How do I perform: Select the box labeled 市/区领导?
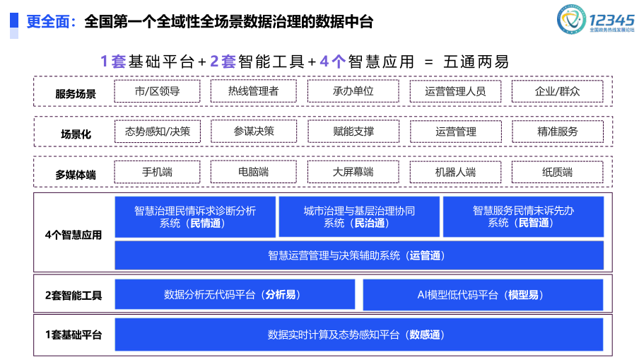pos(157,91)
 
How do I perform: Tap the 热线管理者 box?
pos(253,91)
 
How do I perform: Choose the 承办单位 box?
pos(353,91)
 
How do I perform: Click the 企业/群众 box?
pos(557,91)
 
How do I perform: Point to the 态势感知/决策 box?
pos(157,132)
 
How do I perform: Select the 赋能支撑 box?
pos(353,132)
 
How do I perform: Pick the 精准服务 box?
pos(557,132)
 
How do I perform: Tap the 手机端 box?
pos(157,172)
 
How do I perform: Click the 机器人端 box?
pos(455,172)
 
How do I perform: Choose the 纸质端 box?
pos(557,172)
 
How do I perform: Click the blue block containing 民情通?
pos(195,216)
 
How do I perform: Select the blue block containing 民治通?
pos(359,216)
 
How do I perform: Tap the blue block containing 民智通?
pos(523,216)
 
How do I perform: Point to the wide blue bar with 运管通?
pos(359,255)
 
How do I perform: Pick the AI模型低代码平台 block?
pos(483,295)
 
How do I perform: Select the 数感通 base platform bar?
pos(359,335)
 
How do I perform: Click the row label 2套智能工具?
pos(74,295)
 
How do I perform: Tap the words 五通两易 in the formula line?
pos(476,62)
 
